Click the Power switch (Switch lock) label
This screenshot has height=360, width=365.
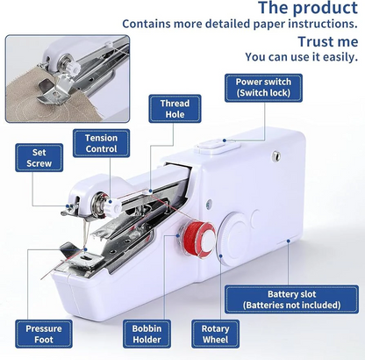263,88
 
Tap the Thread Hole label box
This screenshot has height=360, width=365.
175,109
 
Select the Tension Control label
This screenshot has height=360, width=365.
101,143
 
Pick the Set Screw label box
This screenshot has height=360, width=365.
39,158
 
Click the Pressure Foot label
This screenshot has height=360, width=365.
44,334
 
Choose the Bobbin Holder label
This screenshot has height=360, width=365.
147,334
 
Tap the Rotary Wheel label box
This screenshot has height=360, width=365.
216,334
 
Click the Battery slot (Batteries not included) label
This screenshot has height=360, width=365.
292,299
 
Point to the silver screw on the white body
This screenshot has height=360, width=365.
276,155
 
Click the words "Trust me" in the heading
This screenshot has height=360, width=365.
328,41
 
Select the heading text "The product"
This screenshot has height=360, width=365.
308,7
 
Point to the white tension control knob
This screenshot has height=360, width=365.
112,207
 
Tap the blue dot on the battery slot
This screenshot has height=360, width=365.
288,241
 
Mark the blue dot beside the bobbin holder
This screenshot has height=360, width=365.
178,235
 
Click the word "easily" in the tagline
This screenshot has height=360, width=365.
340,57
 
